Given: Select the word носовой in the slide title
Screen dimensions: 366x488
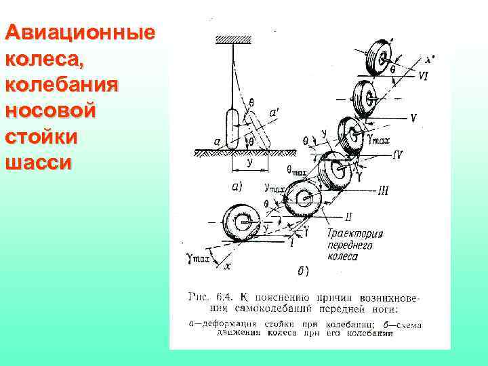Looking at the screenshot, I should click(x=52, y=111).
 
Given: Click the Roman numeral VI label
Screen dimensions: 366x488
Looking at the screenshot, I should click(x=422, y=77).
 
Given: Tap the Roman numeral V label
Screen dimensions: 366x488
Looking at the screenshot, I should click(x=413, y=117).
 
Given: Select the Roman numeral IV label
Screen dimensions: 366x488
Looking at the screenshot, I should click(x=396, y=155).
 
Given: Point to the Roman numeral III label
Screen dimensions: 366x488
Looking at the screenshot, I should click(x=384, y=192).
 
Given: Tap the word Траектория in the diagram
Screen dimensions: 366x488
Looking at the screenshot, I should click(x=354, y=234).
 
